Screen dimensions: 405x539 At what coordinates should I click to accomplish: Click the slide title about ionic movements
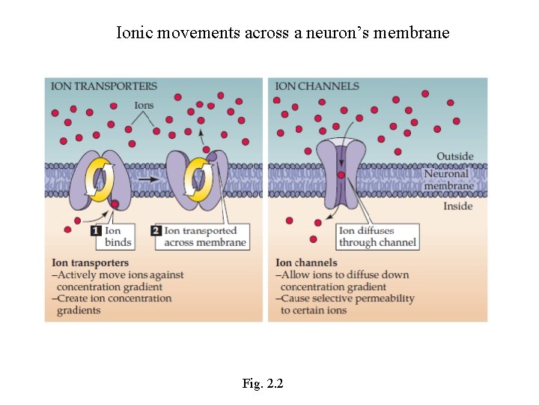tap(283, 33)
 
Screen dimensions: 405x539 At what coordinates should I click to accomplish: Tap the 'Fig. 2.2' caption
tap(263, 384)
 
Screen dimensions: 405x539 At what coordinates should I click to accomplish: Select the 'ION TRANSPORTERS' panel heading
tap(104, 86)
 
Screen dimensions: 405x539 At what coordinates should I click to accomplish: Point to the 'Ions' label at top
tap(144, 106)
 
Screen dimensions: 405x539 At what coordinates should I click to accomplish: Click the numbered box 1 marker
tap(96, 231)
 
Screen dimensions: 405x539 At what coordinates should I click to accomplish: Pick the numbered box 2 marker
tap(156, 231)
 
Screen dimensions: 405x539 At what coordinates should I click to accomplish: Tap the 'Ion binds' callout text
tap(118, 236)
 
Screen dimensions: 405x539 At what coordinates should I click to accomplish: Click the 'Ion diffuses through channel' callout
tap(377, 236)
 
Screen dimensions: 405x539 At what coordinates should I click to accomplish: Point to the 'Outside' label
tap(455, 157)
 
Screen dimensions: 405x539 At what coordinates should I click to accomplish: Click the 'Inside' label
tap(457, 206)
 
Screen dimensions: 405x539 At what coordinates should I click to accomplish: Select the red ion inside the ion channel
tap(341, 175)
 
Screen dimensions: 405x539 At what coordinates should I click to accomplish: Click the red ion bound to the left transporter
tap(115, 204)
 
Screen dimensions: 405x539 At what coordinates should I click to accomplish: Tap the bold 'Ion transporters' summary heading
tap(90, 263)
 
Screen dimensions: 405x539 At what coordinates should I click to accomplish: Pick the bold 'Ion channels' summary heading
tap(306, 263)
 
